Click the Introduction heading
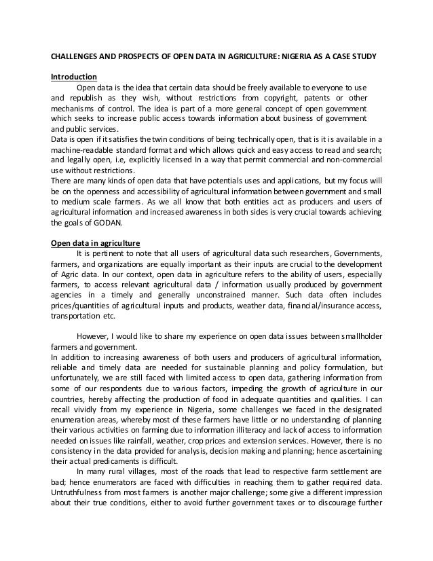coord(75,76)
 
